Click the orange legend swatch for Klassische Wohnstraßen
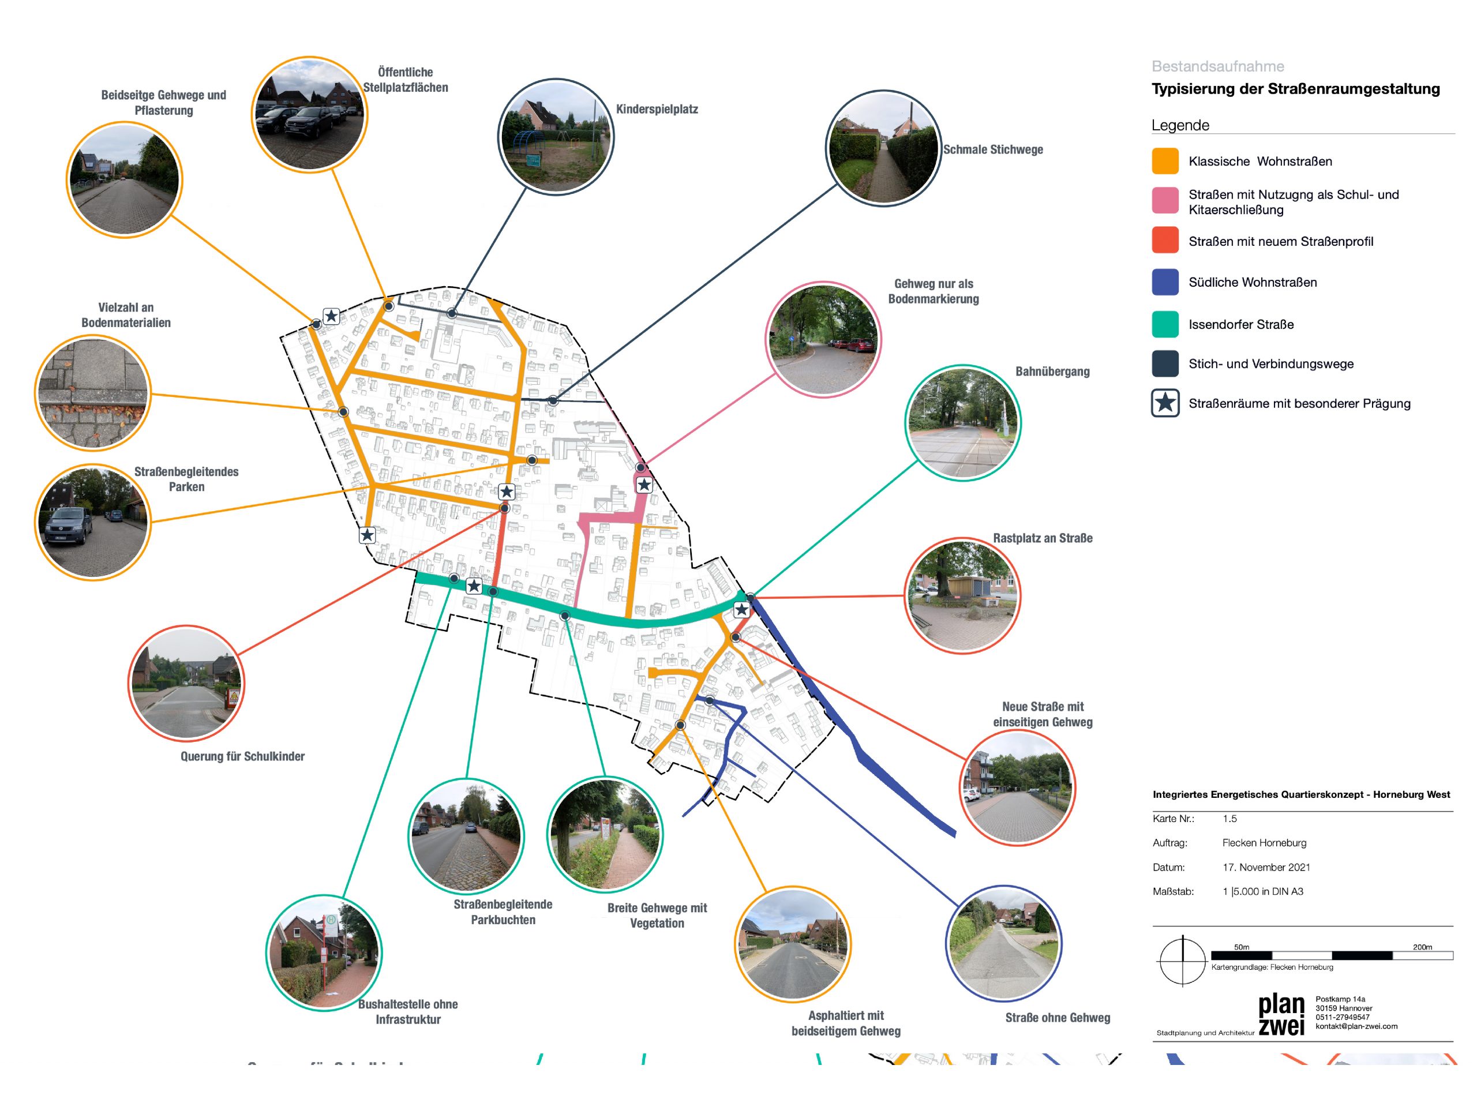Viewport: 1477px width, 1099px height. coord(1165,161)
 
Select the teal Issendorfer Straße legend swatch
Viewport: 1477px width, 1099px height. coord(1165,325)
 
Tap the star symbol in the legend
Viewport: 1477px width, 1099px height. coord(1165,403)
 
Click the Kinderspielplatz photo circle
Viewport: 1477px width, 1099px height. coord(556,137)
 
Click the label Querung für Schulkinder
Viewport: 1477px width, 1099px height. coord(242,756)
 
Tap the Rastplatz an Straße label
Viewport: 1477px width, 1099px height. coord(1042,538)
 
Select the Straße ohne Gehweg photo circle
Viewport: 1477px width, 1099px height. coord(1003,943)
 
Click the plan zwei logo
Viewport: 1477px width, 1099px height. coord(1281,1015)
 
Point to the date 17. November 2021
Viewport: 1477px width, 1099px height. coord(1266,868)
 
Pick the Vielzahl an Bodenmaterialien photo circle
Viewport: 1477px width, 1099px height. coord(92,392)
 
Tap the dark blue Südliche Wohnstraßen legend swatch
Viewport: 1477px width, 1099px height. coord(1165,282)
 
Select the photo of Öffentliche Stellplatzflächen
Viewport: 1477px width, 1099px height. coord(309,114)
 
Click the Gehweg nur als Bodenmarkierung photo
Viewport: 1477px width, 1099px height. coord(823,340)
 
